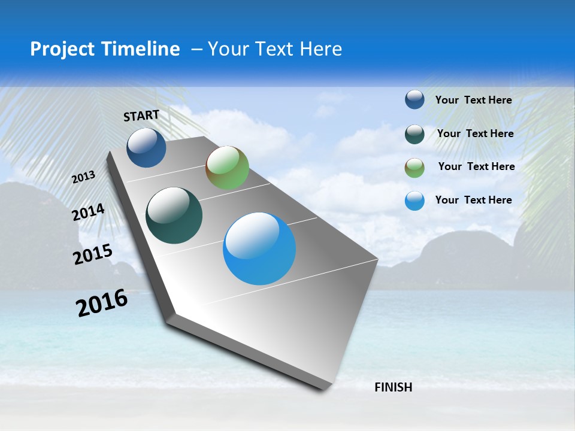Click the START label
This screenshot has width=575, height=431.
pos(141,116)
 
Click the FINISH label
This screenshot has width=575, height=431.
pos(394,387)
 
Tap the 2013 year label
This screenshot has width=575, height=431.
pos(84,177)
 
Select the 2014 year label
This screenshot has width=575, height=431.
pos(89,213)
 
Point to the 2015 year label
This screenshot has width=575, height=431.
pos(93,254)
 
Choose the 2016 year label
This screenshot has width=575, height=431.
pos(102,303)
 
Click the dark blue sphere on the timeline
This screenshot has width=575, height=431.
pos(146,147)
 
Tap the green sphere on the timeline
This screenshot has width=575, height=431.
pos(227,168)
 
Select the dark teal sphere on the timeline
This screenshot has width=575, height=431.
pos(174,215)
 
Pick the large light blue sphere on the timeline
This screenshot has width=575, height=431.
pos(259,248)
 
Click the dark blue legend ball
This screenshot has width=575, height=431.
pos(414,99)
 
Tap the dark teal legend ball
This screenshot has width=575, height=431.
pos(414,134)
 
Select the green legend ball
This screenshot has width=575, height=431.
pos(414,168)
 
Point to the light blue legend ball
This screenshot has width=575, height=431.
pos(414,201)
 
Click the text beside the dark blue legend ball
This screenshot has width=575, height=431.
pos(473,100)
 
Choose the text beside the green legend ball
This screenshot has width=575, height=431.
pos(476,166)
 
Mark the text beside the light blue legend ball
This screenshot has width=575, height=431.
pos(473,200)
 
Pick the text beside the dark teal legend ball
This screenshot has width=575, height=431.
pos(475,133)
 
